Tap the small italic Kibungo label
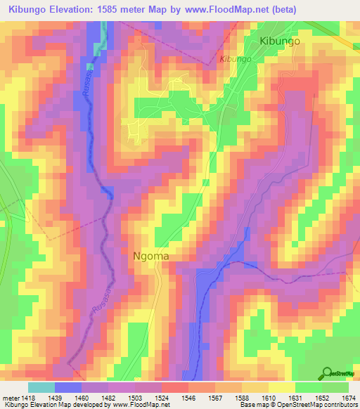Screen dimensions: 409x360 [x=236, y=59]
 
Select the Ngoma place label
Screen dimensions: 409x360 [x=151, y=257]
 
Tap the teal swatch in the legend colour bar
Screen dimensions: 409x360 [x=41, y=387]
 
